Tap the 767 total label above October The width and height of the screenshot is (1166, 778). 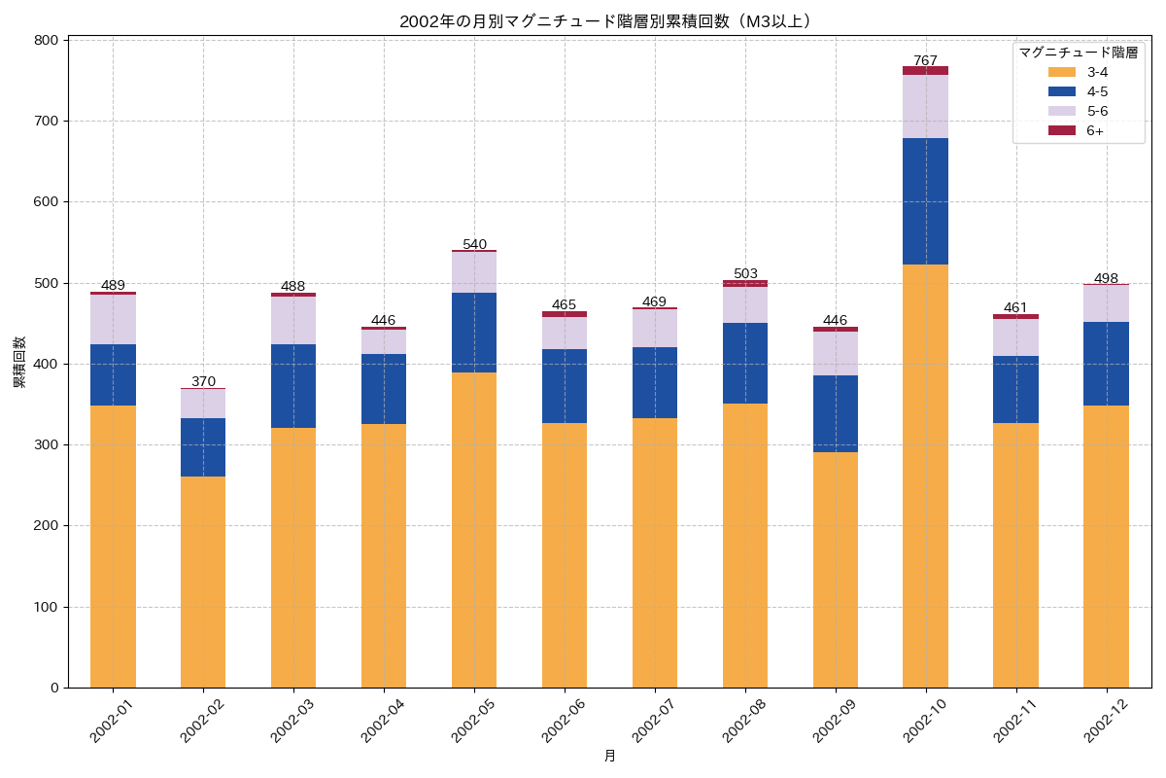[x=925, y=60]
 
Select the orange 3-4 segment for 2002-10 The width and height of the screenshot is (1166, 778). [x=925, y=476]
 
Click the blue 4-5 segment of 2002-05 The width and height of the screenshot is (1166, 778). [x=474, y=333]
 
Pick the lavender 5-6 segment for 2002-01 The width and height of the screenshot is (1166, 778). [x=113, y=319]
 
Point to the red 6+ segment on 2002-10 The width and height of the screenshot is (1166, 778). [x=925, y=70]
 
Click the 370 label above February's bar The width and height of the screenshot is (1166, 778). [x=203, y=381]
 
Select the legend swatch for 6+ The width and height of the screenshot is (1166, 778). [x=1062, y=130]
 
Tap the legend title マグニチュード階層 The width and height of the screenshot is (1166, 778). [x=1078, y=53]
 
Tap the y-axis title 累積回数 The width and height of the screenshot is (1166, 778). [x=18, y=364]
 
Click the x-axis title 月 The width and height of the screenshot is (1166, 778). [x=609, y=756]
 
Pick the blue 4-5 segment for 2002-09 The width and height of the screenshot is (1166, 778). [x=835, y=413]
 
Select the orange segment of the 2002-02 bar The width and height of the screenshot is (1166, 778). [x=203, y=582]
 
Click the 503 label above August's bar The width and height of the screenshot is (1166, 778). [x=745, y=273]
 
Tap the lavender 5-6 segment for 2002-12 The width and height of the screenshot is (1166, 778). [x=1106, y=303]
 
